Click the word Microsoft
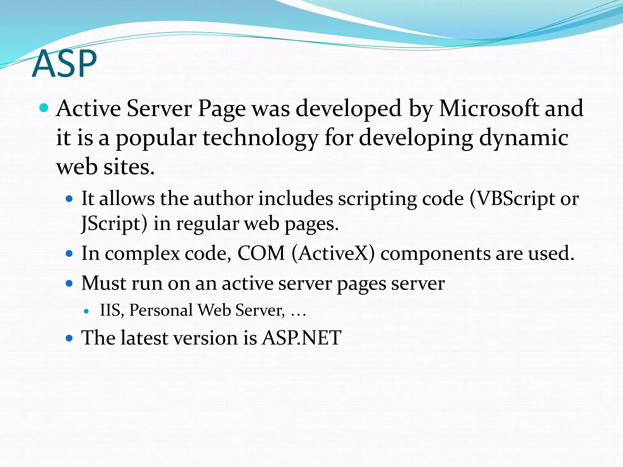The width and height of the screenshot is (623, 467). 488,109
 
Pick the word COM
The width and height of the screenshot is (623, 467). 261,253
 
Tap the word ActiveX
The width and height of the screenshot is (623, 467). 333,253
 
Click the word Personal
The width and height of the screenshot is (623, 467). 161,310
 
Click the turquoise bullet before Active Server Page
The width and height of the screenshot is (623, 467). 44,108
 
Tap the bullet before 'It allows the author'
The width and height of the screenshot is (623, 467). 69,199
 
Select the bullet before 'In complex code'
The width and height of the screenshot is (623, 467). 69,254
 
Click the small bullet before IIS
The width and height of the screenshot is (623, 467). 87,311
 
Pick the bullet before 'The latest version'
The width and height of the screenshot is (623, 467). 69,338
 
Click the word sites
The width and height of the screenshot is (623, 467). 129,167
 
